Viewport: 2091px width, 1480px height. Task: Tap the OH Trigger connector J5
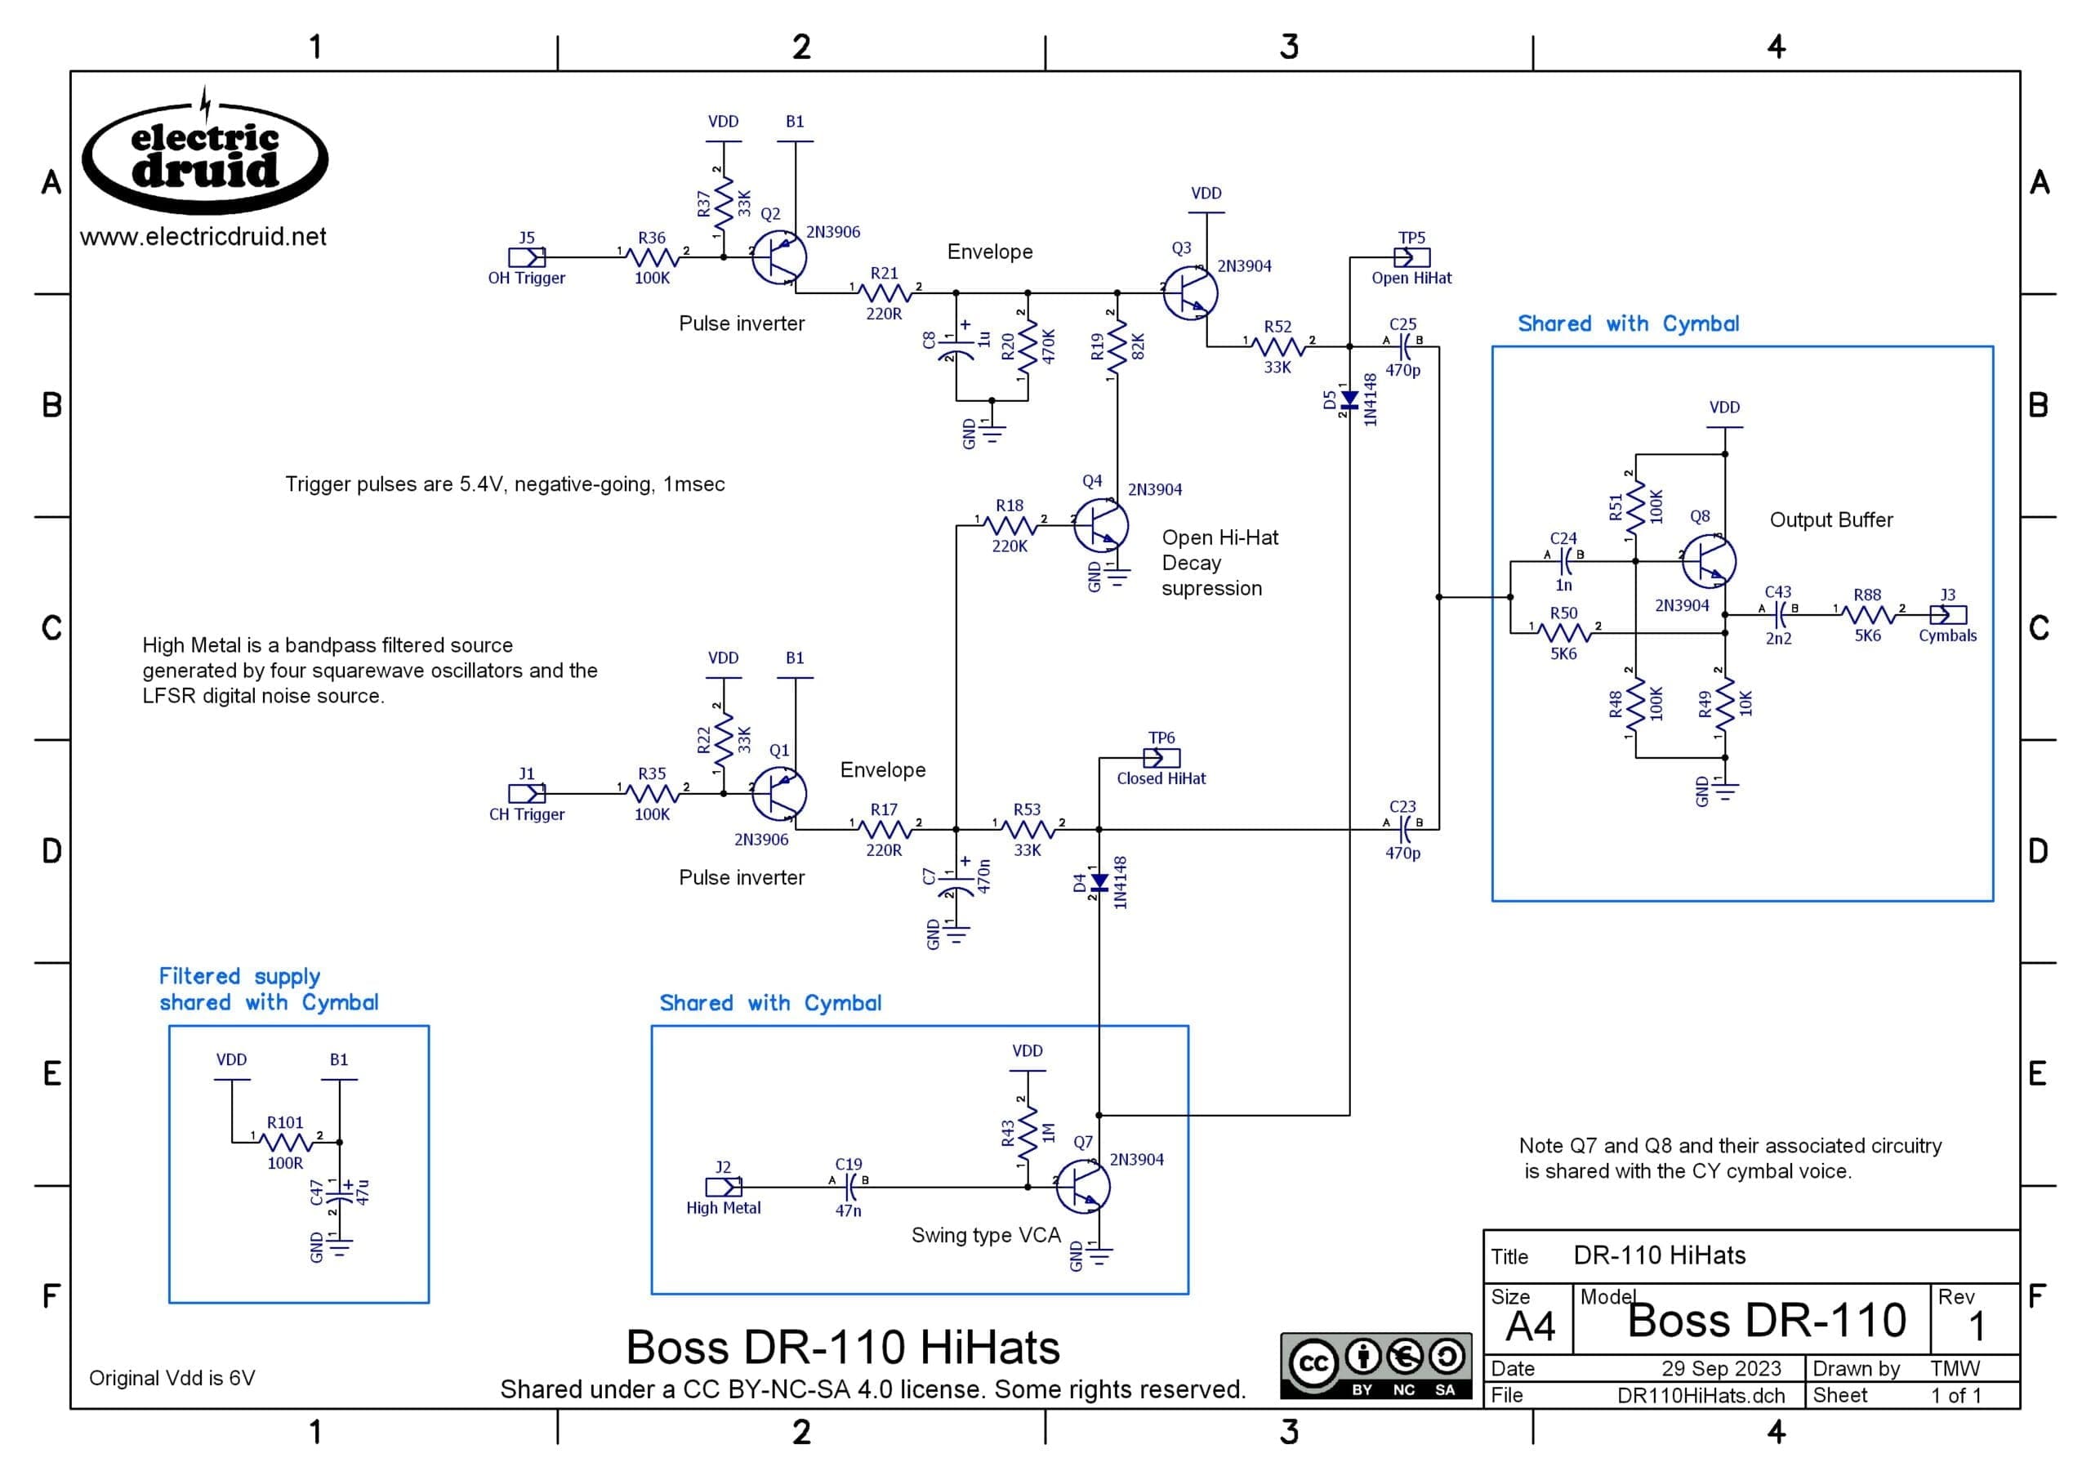click(527, 258)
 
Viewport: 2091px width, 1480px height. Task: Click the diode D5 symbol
click(1349, 400)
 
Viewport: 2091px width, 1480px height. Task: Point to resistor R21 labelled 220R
click(884, 292)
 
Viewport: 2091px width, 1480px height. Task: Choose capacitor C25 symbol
click(1403, 346)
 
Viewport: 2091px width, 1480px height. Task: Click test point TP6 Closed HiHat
click(1161, 758)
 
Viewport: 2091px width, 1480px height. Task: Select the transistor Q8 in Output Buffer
click(1707, 561)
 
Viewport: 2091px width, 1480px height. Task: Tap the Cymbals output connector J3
click(1948, 615)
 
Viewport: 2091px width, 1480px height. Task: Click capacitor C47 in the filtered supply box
click(340, 1192)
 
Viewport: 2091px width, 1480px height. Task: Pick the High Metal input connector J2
click(724, 1187)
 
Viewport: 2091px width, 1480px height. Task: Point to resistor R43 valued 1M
click(1028, 1132)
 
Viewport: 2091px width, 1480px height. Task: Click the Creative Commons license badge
click(1375, 1365)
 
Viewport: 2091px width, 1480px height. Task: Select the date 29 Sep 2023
click(1721, 1369)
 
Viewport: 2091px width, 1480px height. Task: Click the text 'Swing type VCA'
click(986, 1235)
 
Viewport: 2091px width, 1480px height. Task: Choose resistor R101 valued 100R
click(286, 1142)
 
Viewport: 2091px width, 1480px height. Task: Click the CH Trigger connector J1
click(527, 794)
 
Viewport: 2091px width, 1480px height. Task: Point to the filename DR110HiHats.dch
click(1700, 1395)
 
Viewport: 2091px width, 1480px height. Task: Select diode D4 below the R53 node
click(1099, 882)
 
